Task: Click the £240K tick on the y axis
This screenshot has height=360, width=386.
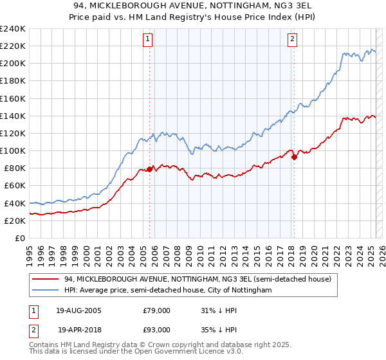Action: pos(13,29)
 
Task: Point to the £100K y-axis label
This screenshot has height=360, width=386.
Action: pos(13,150)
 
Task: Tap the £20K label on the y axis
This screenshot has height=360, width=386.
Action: pos(15,221)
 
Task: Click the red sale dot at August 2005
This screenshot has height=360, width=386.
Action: pos(150,169)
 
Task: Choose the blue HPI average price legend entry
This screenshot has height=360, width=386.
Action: pos(168,291)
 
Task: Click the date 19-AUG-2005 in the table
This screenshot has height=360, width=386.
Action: pos(79,310)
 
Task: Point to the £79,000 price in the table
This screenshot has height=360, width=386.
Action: pos(157,310)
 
